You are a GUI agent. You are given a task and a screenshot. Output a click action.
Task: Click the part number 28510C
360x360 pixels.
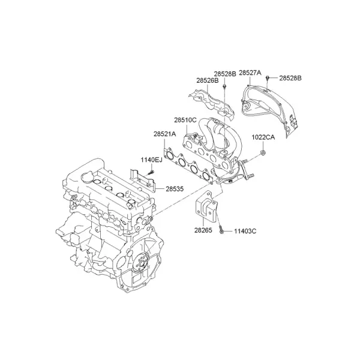tap(185, 120)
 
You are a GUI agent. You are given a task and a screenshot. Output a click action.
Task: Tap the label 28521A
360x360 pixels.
tap(164, 134)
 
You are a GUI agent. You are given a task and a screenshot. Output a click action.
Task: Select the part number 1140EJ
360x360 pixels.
tap(151, 160)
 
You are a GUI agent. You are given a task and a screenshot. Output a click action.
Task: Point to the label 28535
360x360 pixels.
tap(175, 189)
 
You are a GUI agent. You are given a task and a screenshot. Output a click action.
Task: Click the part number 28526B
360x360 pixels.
tap(208, 80)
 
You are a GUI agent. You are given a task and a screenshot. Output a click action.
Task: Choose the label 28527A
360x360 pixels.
tap(250, 73)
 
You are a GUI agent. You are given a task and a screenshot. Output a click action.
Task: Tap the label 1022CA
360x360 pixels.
tap(263, 137)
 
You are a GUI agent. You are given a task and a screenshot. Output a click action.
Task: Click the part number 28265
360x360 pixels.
tap(203, 230)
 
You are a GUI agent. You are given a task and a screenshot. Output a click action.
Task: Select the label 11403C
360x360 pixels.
tap(245, 231)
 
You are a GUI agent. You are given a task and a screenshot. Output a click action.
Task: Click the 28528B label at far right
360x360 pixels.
tap(290, 78)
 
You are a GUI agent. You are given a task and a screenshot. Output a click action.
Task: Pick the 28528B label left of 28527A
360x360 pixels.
tap(225, 74)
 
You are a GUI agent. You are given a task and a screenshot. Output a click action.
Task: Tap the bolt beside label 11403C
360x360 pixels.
tap(221, 230)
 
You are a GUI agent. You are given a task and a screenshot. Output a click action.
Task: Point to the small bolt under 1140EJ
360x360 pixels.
tap(151, 172)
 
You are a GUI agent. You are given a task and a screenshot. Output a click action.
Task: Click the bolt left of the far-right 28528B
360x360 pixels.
tap(268, 78)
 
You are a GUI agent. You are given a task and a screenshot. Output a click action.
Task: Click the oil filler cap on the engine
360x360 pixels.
tap(87, 177)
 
